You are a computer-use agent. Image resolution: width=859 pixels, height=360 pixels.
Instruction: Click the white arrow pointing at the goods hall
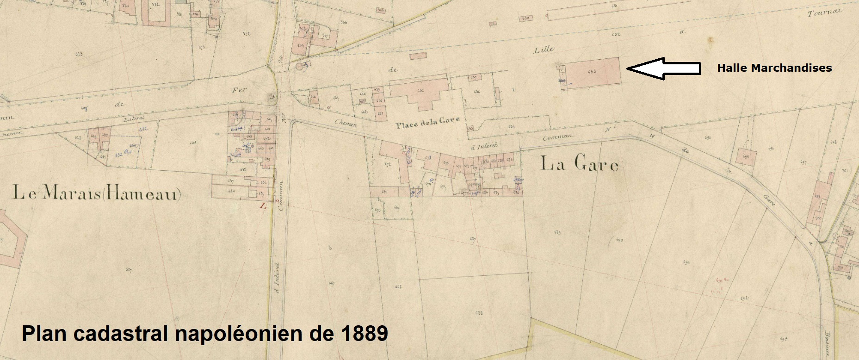663,68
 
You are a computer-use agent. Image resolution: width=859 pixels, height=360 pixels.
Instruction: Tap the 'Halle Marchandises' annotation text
774,68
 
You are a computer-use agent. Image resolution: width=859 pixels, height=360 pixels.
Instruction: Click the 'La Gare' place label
579,164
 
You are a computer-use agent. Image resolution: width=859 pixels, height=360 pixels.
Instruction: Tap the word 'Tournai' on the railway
823,12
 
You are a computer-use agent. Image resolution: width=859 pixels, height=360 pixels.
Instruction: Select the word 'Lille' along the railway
544,50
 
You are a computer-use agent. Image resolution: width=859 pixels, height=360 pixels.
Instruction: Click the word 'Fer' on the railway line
239,90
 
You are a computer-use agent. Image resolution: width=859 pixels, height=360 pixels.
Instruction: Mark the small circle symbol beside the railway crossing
301,68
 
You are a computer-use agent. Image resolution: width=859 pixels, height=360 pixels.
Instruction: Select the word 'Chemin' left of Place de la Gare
346,122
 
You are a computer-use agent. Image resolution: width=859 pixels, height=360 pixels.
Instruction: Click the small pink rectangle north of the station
418,56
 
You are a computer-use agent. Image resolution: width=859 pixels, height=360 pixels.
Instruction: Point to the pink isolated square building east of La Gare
746,156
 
